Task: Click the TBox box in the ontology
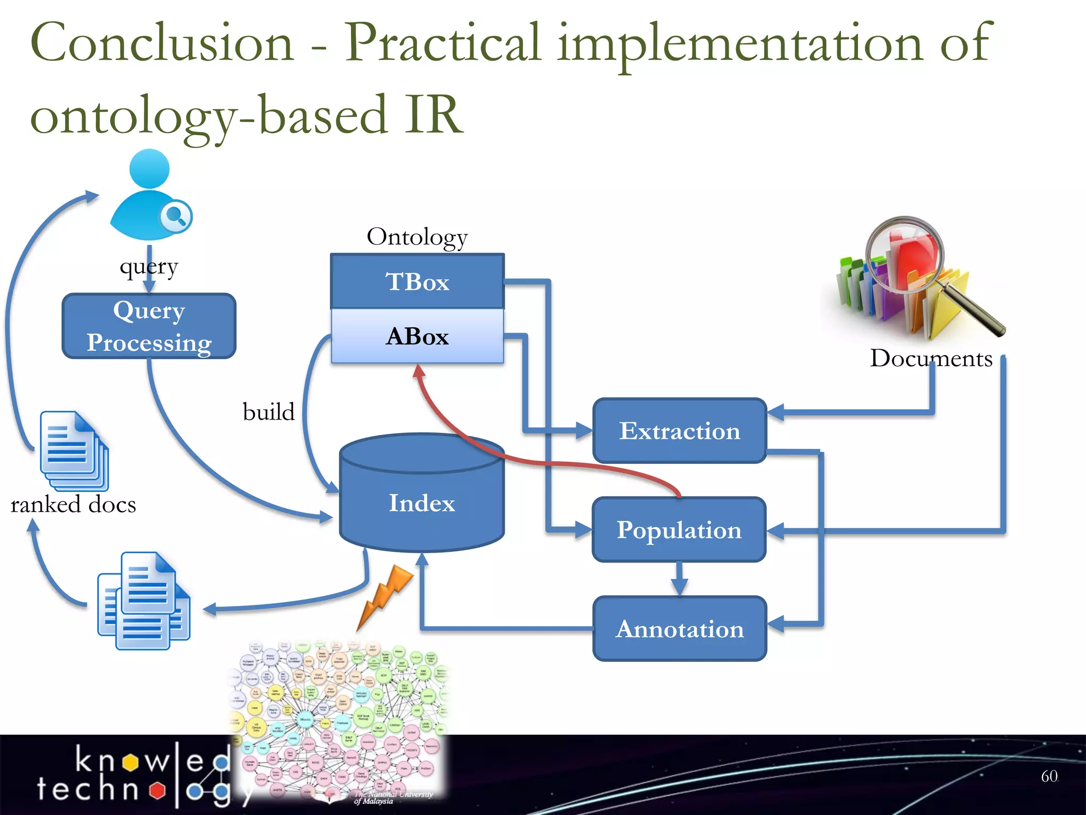point(417,281)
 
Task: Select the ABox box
point(417,336)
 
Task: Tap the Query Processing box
point(149,326)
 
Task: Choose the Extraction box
point(679,430)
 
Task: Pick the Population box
point(679,530)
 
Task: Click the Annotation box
point(679,629)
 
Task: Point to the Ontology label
point(417,237)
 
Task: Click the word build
point(268,412)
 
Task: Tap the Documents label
point(931,358)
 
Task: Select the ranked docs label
point(73,504)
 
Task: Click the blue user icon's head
point(150,169)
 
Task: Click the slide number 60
point(1049,776)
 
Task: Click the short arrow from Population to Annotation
point(679,579)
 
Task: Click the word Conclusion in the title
point(162,42)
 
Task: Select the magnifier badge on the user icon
point(176,216)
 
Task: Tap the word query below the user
point(149,267)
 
